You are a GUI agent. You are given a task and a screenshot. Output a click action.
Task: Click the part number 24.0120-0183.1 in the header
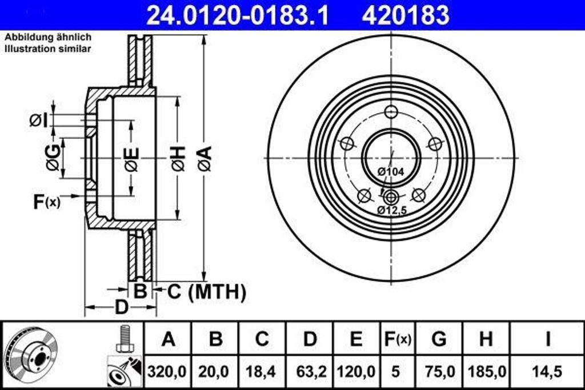[238, 15]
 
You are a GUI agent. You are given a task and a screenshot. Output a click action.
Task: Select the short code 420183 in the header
[405, 15]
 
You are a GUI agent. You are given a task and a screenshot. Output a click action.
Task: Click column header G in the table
[439, 339]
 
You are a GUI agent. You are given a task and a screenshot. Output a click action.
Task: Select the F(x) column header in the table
[396, 339]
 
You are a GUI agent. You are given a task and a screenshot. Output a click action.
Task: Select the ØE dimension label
[131, 159]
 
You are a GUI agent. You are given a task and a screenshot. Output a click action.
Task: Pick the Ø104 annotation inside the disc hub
[390, 171]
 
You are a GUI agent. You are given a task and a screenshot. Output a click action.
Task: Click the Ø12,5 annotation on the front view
[391, 210]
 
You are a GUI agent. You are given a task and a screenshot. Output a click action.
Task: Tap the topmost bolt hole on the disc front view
[391, 111]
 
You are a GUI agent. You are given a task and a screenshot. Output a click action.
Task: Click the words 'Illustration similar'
[48, 49]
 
